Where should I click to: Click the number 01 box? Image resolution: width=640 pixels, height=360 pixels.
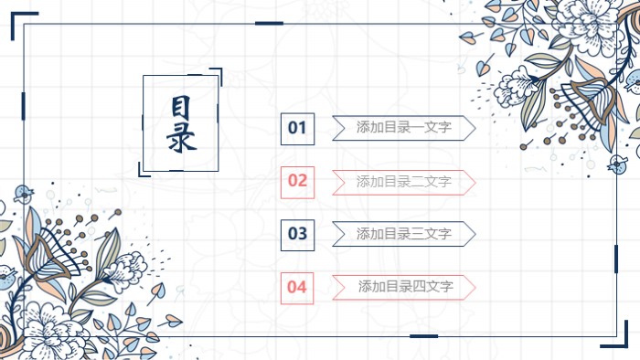click(x=297, y=129)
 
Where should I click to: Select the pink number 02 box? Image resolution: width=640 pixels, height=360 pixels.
click(x=297, y=181)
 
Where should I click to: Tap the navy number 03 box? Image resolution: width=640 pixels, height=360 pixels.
click(x=297, y=234)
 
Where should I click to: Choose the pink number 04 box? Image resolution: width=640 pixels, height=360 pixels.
click(x=297, y=287)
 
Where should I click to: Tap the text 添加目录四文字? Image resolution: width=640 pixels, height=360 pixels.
click(x=406, y=287)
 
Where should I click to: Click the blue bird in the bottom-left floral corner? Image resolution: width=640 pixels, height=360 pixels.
click(x=6, y=278)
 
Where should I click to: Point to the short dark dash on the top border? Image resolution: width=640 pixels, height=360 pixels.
click(x=269, y=24)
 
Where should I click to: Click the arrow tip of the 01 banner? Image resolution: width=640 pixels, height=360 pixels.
click(x=470, y=128)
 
